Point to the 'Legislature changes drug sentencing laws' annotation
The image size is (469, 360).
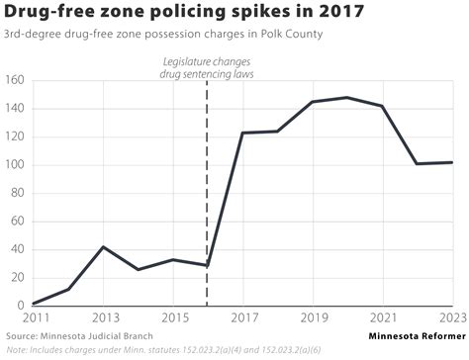[x=206, y=69]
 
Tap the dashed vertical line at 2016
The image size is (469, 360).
[x=207, y=198]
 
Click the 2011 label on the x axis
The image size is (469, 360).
[x=34, y=318]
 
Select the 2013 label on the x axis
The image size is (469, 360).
[x=103, y=318]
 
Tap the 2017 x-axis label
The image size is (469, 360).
[x=241, y=318]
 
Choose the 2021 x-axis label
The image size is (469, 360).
[x=381, y=318]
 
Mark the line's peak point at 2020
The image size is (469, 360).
[x=346, y=97]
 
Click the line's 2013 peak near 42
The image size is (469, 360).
[x=103, y=246]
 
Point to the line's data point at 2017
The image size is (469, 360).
[x=241, y=133]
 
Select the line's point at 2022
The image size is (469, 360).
[x=416, y=163]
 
